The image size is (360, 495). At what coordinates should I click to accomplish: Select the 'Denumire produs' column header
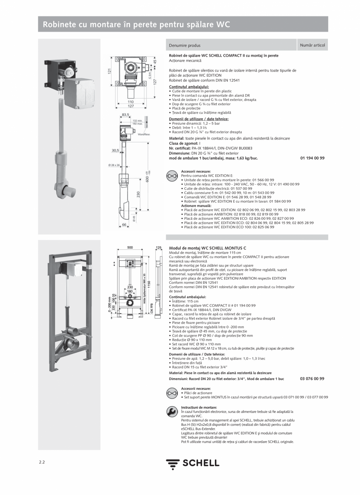coord(185,45)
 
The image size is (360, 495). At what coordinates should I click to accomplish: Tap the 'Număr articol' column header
coord(312,45)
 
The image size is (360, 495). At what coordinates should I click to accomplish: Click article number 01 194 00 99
coord(312,158)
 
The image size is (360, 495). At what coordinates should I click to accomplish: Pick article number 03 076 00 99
coord(312,379)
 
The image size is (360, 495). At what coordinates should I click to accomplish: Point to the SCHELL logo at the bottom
coord(193,464)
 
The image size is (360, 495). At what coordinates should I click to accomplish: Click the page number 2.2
coord(42,463)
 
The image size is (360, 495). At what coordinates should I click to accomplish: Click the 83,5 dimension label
coord(125,115)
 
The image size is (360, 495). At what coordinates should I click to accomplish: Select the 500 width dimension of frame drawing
coord(130,247)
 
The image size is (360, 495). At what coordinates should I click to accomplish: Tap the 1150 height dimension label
coord(149,284)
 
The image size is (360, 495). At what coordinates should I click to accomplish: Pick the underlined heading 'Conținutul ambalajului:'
coord(189,87)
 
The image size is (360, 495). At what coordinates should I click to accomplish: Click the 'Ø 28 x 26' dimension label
coord(115,165)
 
